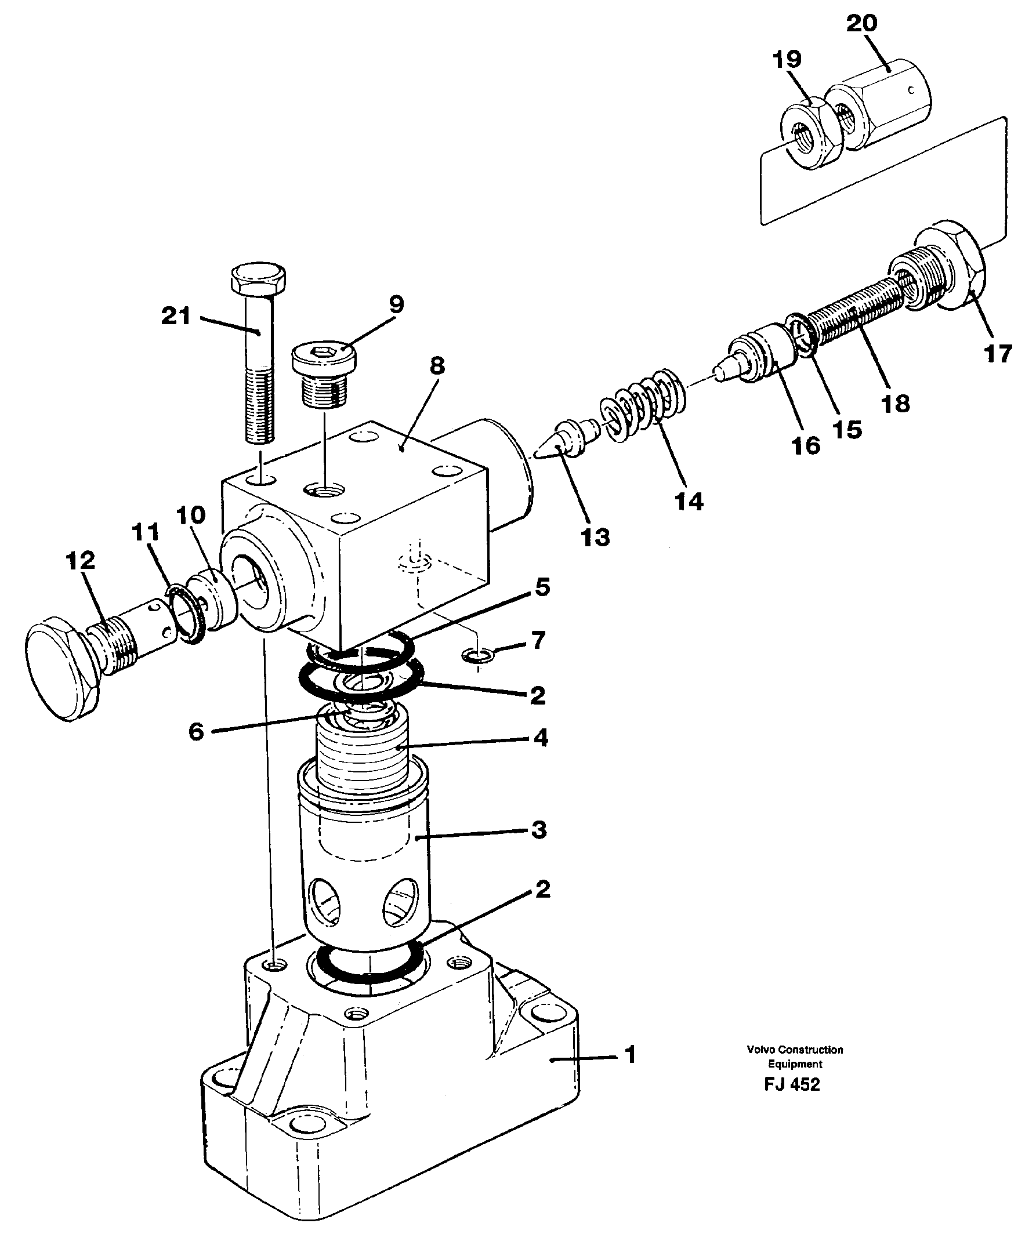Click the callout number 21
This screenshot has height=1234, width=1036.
click(x=176, y=317)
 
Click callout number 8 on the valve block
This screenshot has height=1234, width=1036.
click(x=437, y=366)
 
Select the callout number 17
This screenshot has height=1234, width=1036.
click(x=998, y=354)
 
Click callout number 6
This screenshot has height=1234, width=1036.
click(x=196, y=732)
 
